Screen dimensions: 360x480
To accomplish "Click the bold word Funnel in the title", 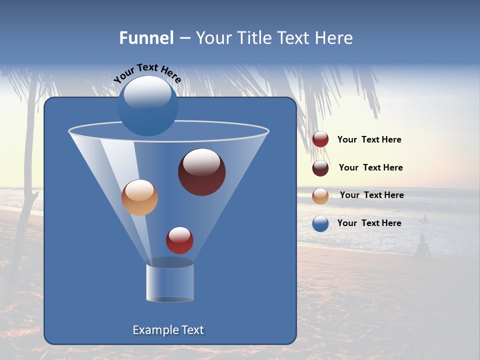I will pos(146,38).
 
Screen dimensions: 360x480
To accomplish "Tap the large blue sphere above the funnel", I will pos(148,106).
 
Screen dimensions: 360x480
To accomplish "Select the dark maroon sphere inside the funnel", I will pos(202,172).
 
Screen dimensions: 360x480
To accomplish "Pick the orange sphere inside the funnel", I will pos(139,197).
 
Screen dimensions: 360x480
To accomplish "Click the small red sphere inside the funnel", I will pos(180,240).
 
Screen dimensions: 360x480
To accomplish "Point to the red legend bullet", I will pos(320,139).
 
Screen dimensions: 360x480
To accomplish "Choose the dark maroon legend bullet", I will pos(320,168).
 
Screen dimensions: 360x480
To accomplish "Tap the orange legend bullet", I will pos(320,196).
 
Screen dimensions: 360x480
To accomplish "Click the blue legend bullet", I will pos(320,223).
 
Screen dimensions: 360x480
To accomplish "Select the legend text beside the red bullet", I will pos(369,140).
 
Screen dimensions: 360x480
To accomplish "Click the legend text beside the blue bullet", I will pos(369,223).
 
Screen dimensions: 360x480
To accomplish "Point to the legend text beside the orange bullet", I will pos(371,195).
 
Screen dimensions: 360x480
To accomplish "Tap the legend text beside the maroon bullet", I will pos(370,167).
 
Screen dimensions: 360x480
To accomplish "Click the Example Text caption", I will pos(168,330).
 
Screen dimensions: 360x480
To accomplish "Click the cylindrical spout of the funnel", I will pos(170,282).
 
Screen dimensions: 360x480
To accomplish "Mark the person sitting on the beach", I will pos(422,248).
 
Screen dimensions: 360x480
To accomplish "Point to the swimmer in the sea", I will pos(424,219).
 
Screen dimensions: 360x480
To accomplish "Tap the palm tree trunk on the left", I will pos(30,150).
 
